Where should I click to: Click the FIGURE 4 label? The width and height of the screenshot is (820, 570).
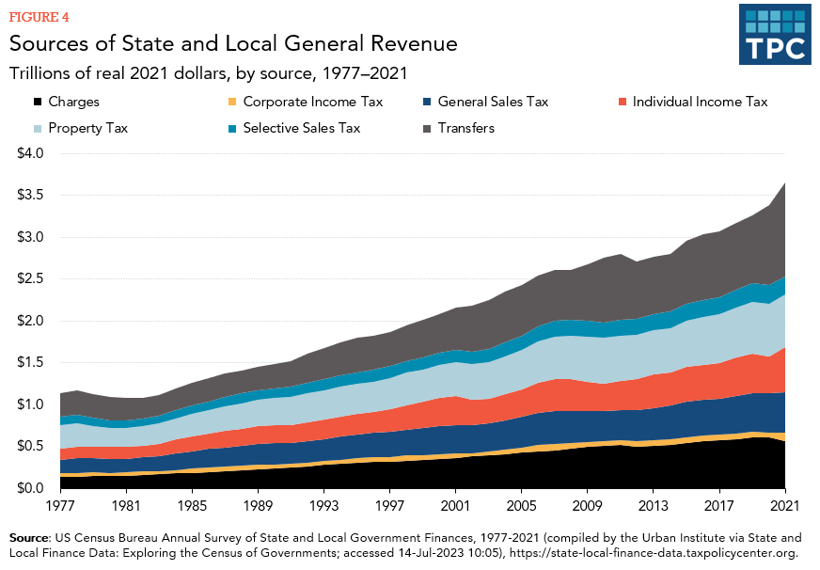point(39,17)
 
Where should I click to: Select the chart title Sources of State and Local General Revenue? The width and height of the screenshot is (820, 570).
point(233,43)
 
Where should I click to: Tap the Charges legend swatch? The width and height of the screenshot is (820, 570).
point(38,102)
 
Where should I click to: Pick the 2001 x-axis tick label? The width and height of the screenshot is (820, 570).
point(455,507)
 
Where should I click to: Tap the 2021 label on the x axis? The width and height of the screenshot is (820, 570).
point(784,507)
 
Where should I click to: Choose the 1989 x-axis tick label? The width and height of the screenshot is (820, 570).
point(259,507)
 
